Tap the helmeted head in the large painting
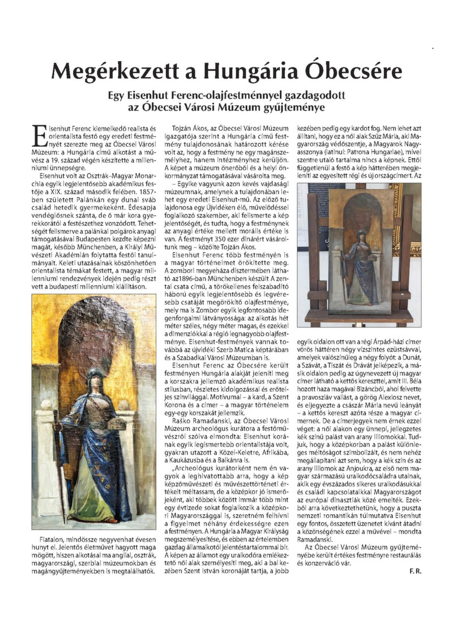(x=94, y=377)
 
